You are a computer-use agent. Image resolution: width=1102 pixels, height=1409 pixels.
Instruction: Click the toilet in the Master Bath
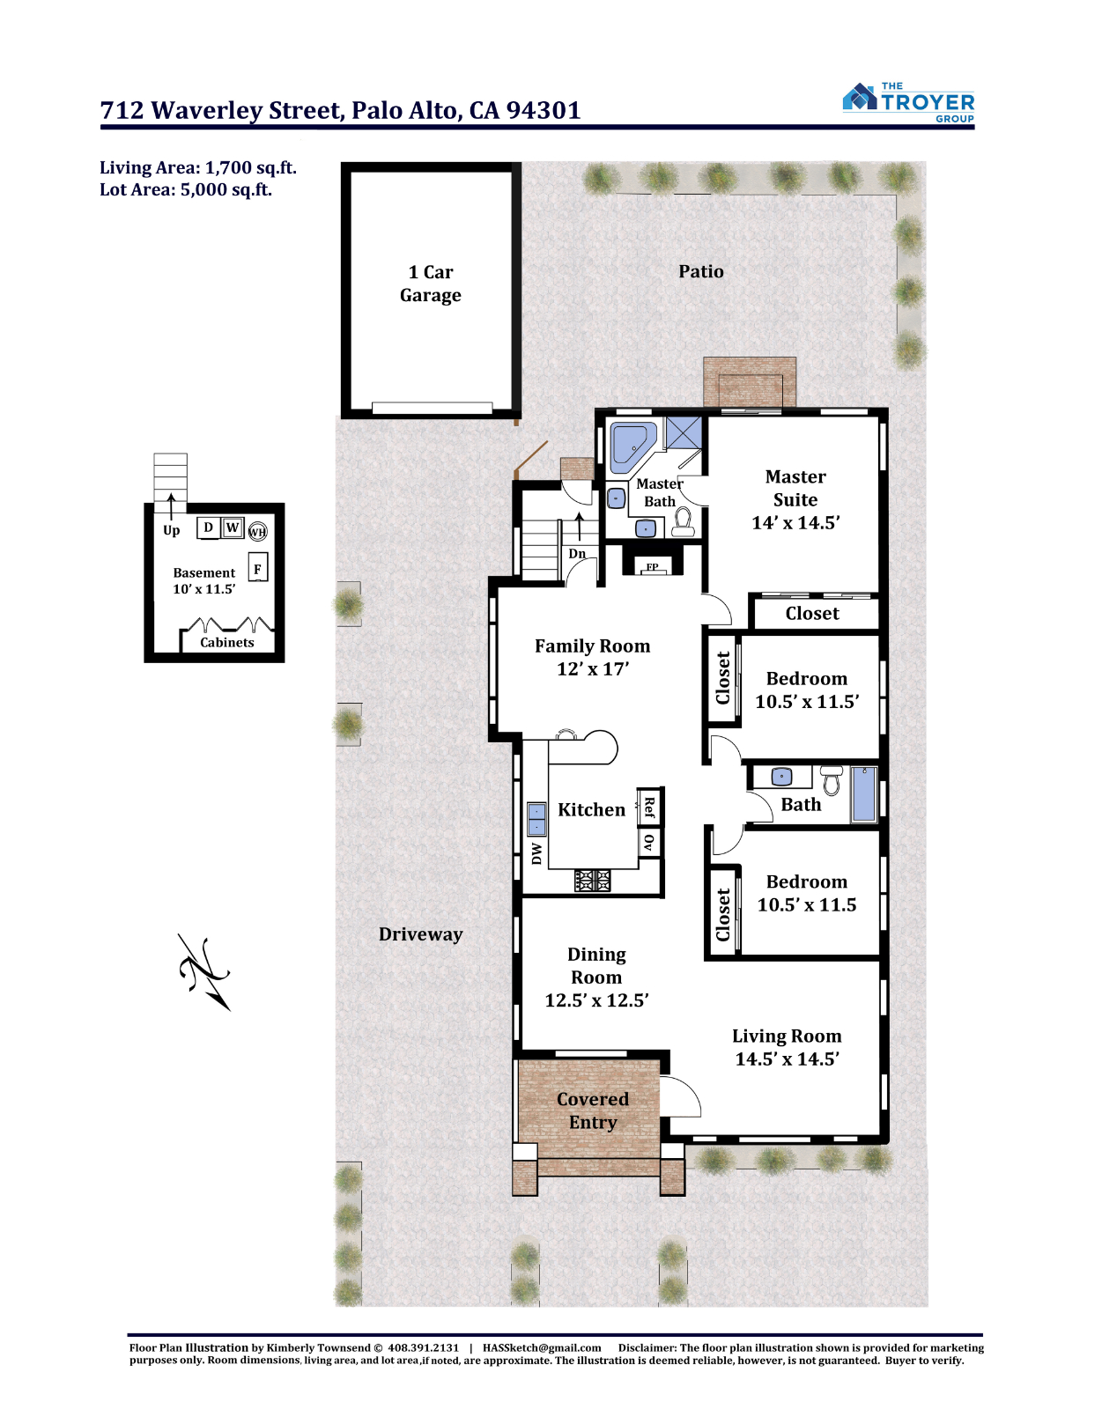coord(683,522)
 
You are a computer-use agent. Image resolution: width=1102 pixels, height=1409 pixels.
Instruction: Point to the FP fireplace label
coord(652,567)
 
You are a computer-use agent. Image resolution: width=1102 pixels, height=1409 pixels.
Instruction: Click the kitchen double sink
coord(536,818)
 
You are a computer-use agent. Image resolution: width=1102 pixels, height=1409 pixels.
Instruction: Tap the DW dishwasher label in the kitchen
coord(536,854)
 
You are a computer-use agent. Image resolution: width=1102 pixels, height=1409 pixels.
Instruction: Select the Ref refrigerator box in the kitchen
coord(649,808)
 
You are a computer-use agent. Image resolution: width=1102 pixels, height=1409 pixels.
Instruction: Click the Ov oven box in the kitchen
coord(649,842)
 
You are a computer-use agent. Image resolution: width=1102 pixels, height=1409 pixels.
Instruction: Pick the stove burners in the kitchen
coord(592,880)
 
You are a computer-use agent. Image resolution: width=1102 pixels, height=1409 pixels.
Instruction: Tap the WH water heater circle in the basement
coord(257,532)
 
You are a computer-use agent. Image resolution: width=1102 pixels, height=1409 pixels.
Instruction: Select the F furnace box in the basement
coord(257,569)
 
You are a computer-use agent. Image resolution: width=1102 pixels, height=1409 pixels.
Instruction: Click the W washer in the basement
coord(233,527)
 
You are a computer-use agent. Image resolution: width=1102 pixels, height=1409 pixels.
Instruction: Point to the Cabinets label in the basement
coord(227,642)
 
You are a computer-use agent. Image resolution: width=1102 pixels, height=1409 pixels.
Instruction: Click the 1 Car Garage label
coord(431,284)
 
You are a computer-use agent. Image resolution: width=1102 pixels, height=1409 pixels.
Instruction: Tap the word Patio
coord(700,271)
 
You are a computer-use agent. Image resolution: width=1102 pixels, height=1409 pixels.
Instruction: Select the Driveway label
coord(420,933)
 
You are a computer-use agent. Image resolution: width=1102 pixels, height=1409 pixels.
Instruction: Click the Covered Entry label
coord(593,1110)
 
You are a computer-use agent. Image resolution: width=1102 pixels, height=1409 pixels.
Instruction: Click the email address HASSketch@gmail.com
coord(542,1347)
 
